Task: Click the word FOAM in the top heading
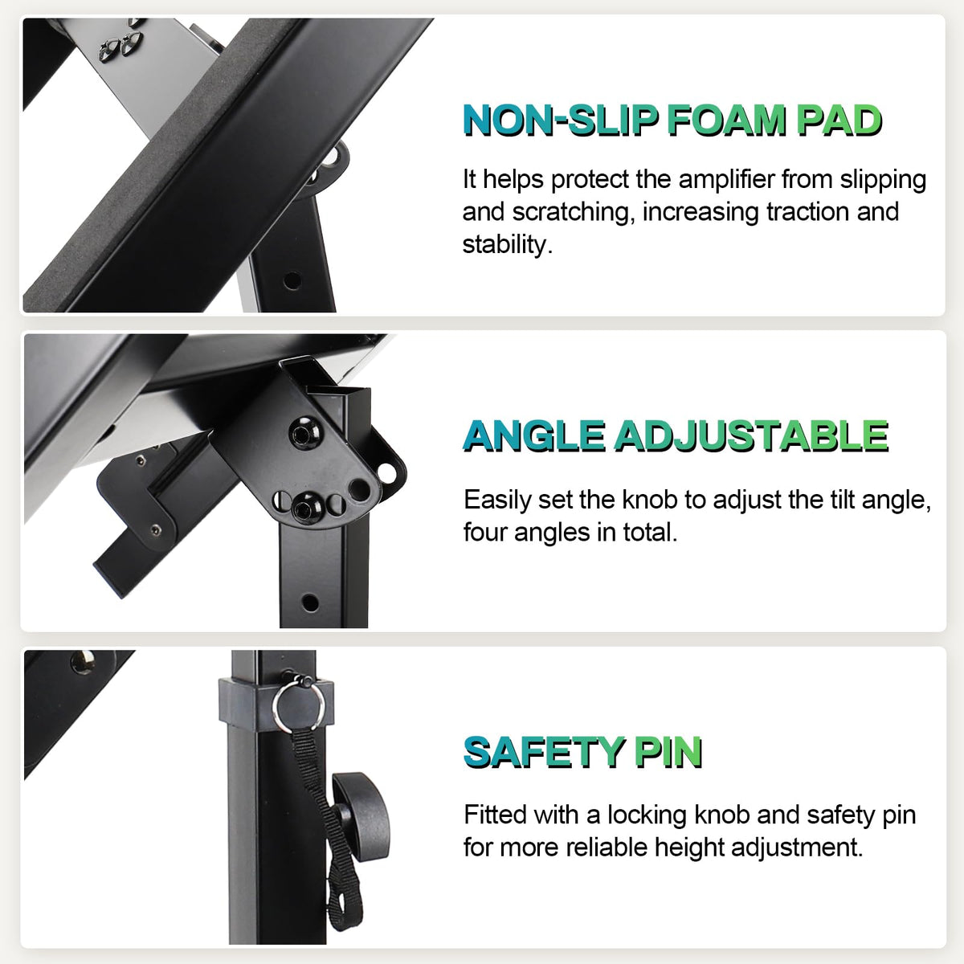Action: [x=726, y=120]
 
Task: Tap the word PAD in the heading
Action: [x=839, y=120]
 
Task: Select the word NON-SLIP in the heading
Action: [x=560, y=120]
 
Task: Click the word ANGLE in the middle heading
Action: [x=533, y=436]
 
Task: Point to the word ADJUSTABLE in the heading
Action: [x=751, y=436]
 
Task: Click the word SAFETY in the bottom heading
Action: [x=545, y=753]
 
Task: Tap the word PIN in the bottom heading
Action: [x=668, y=753]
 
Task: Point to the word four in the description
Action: [x=484, y=533]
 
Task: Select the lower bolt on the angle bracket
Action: [x=307, y=506]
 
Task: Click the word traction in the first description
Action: [x=807, y=213]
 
